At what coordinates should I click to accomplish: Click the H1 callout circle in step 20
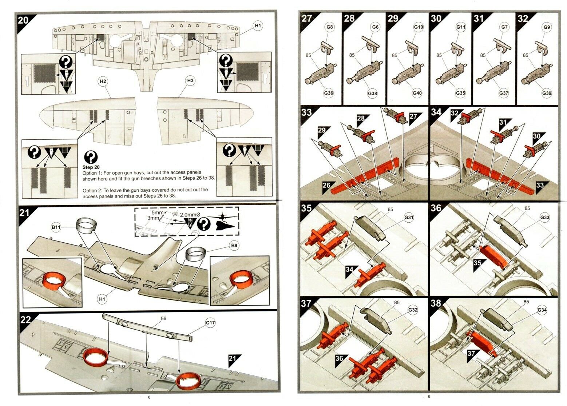click(x=258, y=26)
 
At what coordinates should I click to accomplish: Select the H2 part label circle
click(x=103, y=81)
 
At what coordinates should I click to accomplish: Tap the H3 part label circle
click(x=190, y=80)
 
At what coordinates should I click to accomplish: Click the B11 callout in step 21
click(x=56, y=227)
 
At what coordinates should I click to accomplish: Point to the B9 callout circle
click(x=234, y=245)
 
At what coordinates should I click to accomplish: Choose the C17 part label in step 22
click(x=210, y=323)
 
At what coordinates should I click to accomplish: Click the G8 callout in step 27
click(x=330, y=27)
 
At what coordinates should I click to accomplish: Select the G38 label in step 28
click(x=372, y=93)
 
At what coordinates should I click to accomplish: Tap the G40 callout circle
click(x=417, y=93)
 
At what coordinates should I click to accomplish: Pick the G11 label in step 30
click(x=461, y=27)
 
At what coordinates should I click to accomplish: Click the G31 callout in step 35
click(x=409, y=217)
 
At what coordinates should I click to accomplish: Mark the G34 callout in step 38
click(x=542, y=310)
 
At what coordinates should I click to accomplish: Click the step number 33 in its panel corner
click(x=306, y=112)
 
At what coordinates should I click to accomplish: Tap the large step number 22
click(x=25, y=320)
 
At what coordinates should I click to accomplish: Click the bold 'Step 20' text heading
click(x=91, y=167)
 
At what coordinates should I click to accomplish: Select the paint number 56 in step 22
click(x=163, y=318)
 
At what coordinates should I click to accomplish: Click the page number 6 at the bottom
click(x=149, y=397)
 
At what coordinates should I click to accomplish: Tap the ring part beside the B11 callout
click(x=86, y=224)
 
